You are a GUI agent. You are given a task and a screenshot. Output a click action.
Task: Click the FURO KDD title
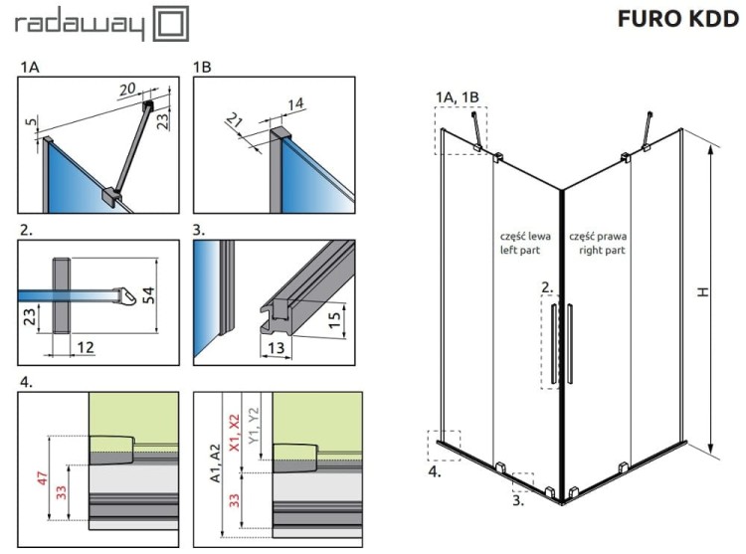coord(676,22)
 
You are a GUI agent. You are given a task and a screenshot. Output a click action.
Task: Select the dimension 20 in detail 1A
coord(127,89)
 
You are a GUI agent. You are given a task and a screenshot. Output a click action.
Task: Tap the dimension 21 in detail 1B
coord(234,121)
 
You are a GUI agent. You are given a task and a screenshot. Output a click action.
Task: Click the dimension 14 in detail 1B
coord(296,103)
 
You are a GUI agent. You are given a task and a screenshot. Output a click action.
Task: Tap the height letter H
coord(703,292)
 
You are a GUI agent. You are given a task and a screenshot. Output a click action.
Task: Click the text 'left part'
coord(524,252)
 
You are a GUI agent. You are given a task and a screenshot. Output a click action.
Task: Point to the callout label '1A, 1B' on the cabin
coord(458,95)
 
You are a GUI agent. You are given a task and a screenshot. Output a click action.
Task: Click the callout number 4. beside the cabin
coord(434,473)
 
